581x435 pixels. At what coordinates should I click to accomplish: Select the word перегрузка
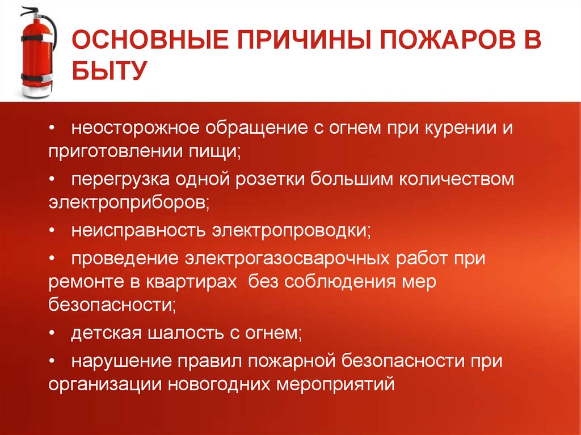pos(116,179)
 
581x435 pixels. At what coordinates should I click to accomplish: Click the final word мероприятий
pos(335,385)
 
